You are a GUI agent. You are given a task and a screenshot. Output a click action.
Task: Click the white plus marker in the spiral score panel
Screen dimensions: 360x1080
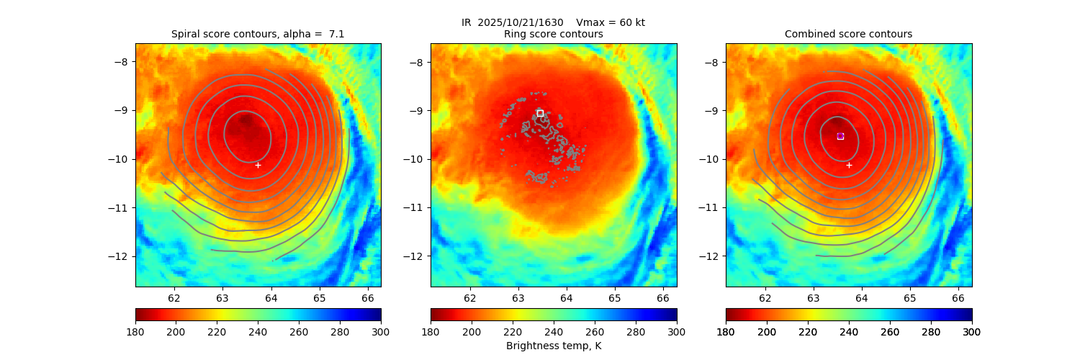pos(258,165)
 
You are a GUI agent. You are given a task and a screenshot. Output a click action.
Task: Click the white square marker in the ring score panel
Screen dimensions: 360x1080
pos(540,113)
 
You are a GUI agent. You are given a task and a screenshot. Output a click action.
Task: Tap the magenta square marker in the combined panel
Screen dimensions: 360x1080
pos(840,136)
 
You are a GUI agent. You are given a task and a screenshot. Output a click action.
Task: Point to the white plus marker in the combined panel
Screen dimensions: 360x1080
pos(849,165)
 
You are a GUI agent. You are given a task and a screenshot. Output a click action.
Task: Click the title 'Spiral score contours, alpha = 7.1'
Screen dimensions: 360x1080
pos(258,34)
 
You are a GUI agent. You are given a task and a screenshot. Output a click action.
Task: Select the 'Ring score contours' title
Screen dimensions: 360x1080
pos(553,34)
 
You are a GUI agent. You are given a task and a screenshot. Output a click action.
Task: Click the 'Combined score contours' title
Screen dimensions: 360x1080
pos(848,34)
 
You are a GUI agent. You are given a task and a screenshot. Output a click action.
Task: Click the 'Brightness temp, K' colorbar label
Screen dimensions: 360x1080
pos(553,346)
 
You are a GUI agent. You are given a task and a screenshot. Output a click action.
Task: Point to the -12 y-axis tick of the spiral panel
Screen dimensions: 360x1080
pos(125,256)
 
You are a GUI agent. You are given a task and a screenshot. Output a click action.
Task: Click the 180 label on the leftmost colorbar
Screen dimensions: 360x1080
pos(135,331)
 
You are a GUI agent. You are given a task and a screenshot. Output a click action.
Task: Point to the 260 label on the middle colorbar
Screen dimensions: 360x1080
pos(595,331)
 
